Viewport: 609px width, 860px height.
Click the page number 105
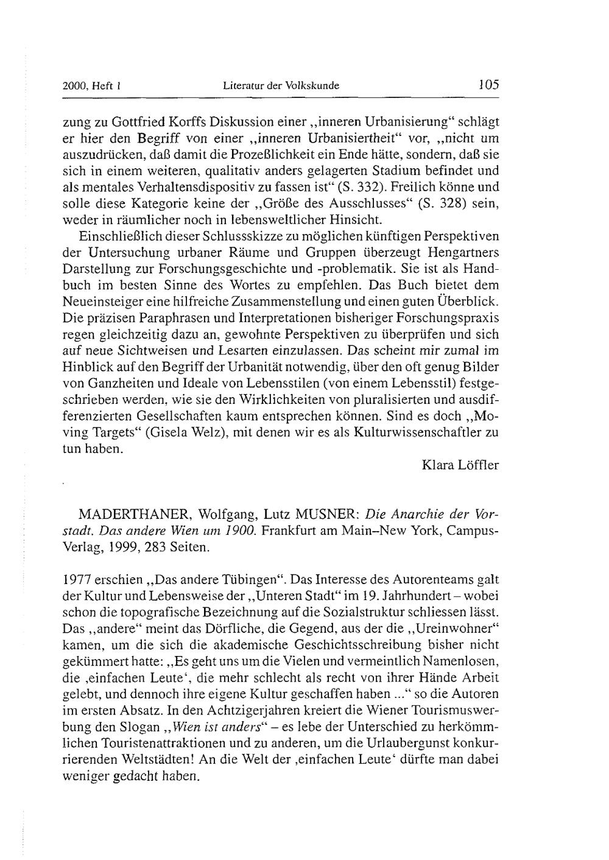(488, 85)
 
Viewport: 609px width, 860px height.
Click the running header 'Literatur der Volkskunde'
(281, 86)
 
